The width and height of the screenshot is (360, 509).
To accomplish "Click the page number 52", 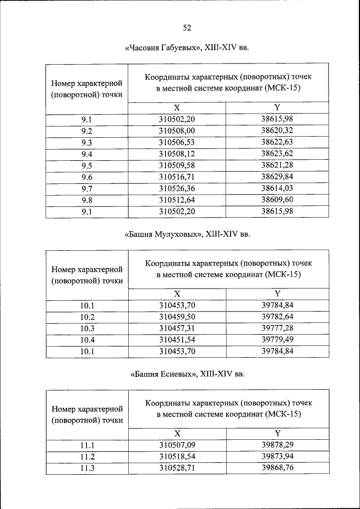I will pos(187,28).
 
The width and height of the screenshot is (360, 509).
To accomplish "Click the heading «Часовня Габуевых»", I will pos(186,48).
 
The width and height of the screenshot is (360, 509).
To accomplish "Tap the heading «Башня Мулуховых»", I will pos(186,234).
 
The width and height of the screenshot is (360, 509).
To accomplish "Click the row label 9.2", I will pos(87,130).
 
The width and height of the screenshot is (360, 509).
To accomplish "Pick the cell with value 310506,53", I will pos(177,142).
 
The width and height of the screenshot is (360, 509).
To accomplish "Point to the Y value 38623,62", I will pos(277,154).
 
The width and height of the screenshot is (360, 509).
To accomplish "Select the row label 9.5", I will pos(87,165).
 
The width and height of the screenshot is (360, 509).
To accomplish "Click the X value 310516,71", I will pos(177,177).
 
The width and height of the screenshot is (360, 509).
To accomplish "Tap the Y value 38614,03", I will pos(277,188).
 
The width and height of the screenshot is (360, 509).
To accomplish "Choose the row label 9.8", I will pos(87,200).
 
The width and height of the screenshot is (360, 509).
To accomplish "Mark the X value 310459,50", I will pos(177,316).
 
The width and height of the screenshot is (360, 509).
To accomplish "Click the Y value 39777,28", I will pos(277,328).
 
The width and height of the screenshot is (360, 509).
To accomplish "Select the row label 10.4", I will pos(87,340).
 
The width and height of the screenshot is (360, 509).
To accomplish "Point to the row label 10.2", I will pos(87,316).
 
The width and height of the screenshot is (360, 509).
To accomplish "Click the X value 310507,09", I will pos(177,445).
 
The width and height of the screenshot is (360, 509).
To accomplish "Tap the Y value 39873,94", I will pos(277,456).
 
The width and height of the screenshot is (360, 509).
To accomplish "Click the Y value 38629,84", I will pos(277,177).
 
